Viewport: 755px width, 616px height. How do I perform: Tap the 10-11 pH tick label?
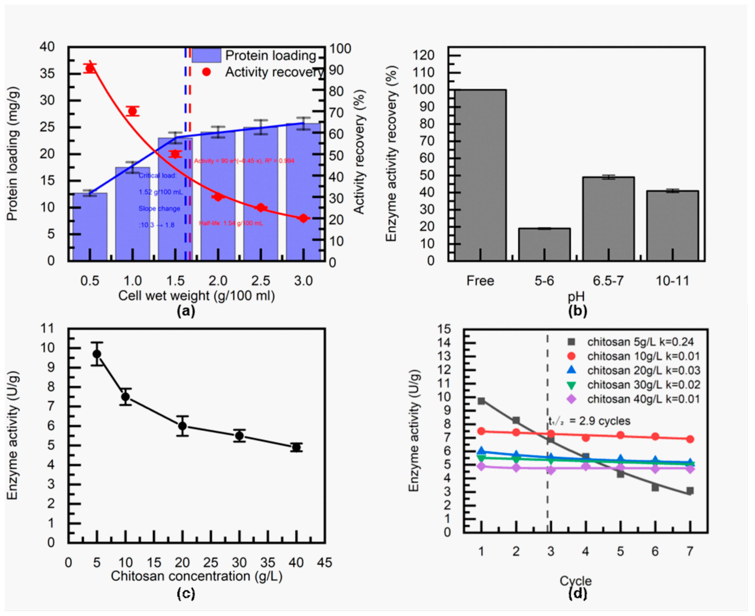672,281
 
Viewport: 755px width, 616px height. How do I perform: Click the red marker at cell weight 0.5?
90,68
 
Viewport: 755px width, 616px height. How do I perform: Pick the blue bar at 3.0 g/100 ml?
303,192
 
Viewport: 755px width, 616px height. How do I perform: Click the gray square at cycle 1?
481,401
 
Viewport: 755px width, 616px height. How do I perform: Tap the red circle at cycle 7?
690,439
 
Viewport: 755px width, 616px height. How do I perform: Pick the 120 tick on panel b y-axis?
426,55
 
